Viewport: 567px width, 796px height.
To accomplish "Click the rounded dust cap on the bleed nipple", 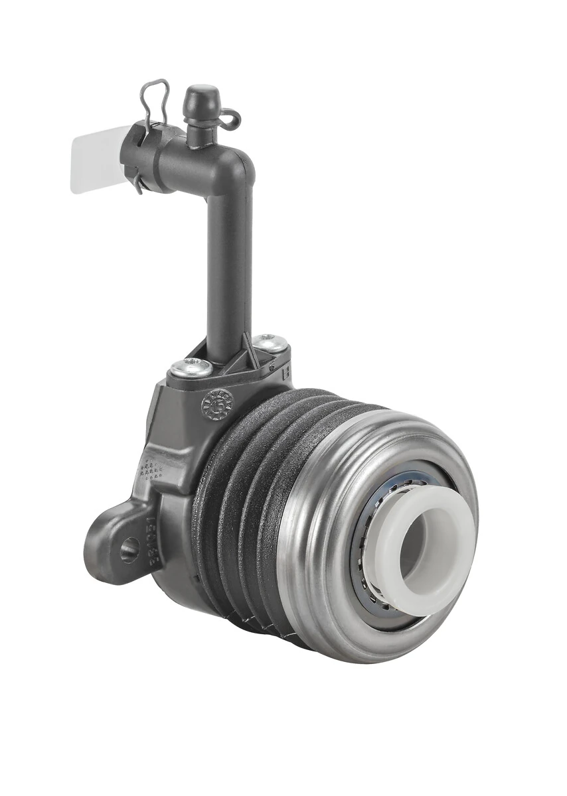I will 202,98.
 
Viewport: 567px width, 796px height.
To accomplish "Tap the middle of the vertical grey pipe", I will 228,265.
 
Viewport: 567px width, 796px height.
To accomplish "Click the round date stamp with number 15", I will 216,403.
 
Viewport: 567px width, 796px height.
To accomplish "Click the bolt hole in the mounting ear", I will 129,549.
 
